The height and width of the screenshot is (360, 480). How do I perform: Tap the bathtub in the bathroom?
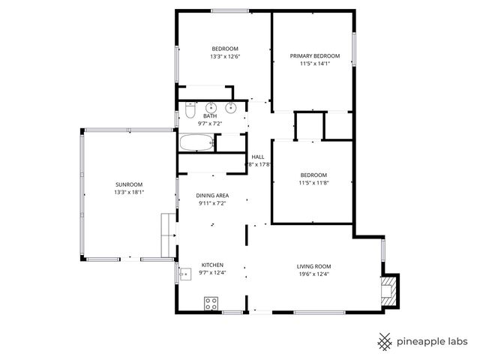pos(197,142)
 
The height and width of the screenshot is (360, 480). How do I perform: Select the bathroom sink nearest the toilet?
pos(211,107)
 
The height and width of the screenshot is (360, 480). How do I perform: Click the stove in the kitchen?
pos(211,303)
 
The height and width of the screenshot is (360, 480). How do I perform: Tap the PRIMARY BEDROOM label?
pos(315,55)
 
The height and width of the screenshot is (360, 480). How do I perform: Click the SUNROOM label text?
pos(128,184)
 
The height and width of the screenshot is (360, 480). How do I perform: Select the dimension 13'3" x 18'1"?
pos(128,193)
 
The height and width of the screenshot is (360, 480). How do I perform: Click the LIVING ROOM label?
pos(314,266)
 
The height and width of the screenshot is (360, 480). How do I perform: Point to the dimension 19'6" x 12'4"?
pos(314,274)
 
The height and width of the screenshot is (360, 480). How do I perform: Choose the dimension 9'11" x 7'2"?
pos(212,203)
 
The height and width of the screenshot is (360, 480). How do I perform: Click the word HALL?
pos(258,156)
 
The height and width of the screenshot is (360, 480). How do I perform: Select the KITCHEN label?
pos(212,265)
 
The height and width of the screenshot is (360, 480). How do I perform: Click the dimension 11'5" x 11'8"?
pos(313,182)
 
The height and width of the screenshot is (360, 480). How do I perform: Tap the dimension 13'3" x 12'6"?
pos(225,56)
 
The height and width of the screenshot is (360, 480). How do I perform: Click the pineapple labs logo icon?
pos(385,341)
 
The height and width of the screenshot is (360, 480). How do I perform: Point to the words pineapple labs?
pos(433,341)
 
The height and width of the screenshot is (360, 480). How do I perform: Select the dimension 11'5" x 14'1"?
pos(315,64)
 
